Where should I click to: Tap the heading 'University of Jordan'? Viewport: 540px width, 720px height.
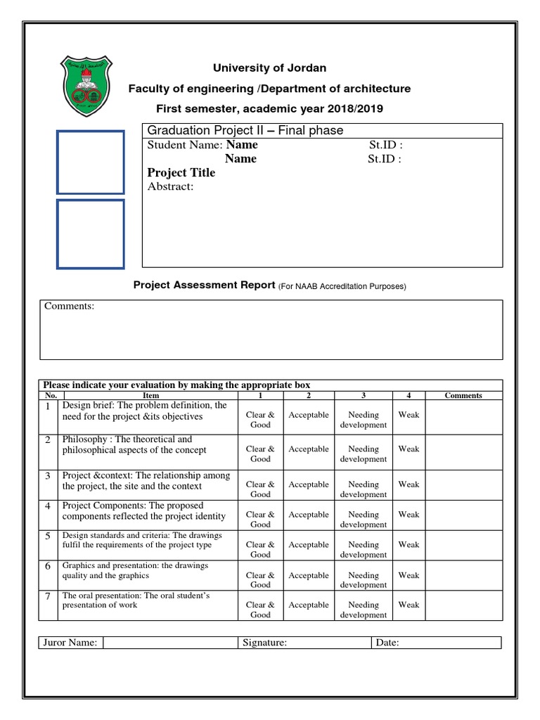270,68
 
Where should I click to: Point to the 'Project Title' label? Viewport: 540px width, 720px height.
181,173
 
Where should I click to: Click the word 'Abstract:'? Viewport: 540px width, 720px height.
170,187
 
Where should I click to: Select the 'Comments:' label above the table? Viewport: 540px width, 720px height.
69,307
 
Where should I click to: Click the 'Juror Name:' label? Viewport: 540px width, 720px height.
70,643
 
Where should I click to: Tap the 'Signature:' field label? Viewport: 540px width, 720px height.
264,643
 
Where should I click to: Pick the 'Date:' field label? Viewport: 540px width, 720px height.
387,643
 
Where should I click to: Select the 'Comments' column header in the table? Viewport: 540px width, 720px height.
463,396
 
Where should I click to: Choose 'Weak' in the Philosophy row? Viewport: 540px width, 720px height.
409,449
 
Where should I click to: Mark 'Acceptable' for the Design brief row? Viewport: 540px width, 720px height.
308,416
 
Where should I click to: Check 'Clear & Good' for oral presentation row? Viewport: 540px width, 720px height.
260,610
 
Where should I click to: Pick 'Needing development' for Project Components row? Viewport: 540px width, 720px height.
363,520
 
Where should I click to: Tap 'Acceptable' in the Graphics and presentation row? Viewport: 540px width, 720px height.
308,576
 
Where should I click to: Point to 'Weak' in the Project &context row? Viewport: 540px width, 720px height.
409,484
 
